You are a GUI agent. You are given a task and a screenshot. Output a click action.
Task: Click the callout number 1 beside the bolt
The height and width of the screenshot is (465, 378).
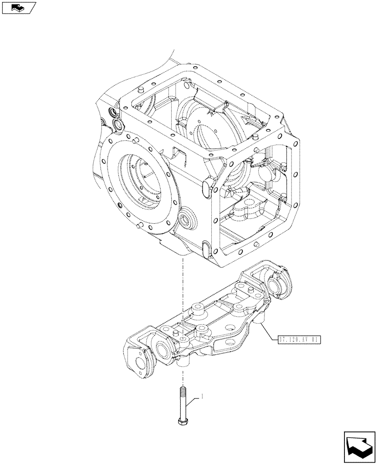[202, 397]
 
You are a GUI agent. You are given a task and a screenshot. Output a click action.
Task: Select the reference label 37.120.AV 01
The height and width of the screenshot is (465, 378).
[298, 339]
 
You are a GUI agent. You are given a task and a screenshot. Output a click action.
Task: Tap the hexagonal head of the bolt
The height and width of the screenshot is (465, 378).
[182, 421]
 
